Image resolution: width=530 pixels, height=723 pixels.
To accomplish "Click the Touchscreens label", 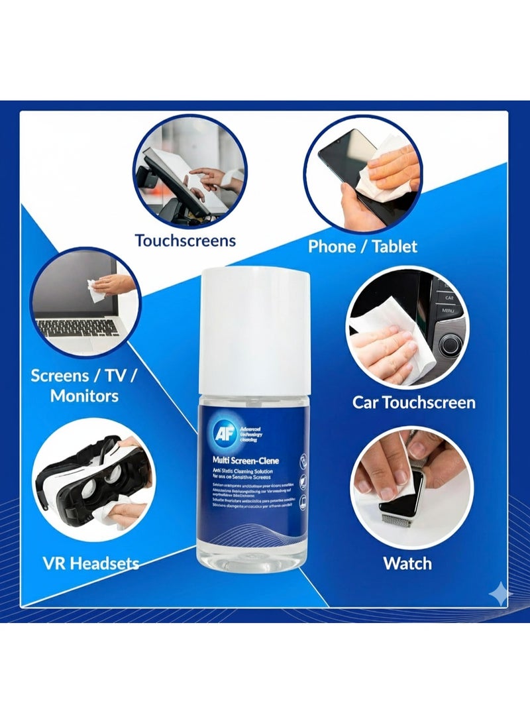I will (x=185, y=240).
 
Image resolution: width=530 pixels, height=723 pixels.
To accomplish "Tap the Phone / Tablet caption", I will (x=362, y=247).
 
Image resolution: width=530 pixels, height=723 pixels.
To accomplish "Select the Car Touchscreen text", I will (x=413, y=402).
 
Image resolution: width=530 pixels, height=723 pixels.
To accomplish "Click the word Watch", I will (x=407, y=563).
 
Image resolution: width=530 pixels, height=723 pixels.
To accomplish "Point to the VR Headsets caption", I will (x=90, y=563).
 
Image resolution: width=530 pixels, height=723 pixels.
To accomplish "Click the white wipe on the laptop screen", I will (x=96, y=290).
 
